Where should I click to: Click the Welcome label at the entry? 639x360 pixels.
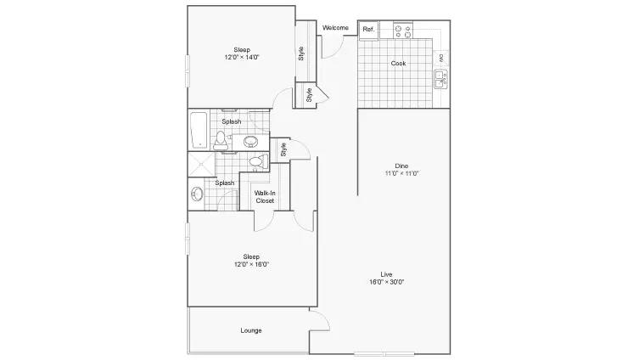point(335,28)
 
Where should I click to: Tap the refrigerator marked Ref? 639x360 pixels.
point(368,31)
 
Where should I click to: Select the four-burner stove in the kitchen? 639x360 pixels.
point(402,31)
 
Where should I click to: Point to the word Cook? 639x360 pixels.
point(398,63)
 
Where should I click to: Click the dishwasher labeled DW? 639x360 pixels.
point(441,59)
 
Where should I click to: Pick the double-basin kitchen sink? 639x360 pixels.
point(440,79)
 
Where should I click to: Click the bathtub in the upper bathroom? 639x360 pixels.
point(199,130)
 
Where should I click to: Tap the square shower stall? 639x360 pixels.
point(201,165)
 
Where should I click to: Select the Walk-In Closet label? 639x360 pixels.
point(265,196)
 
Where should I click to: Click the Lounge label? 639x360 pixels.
point(251,330)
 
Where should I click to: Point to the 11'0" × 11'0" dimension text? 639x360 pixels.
point(402,173)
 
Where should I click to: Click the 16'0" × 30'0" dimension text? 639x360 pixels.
point(386,282)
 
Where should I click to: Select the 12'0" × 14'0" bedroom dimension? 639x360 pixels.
point(242,57)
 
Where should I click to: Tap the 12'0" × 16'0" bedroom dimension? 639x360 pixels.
point(251,264)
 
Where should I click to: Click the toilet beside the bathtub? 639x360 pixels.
point(221,141)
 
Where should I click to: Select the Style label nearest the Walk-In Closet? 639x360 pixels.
point(283,149)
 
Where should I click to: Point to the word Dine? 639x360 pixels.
point(401,166)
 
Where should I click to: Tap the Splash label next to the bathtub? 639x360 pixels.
point(232,121)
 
